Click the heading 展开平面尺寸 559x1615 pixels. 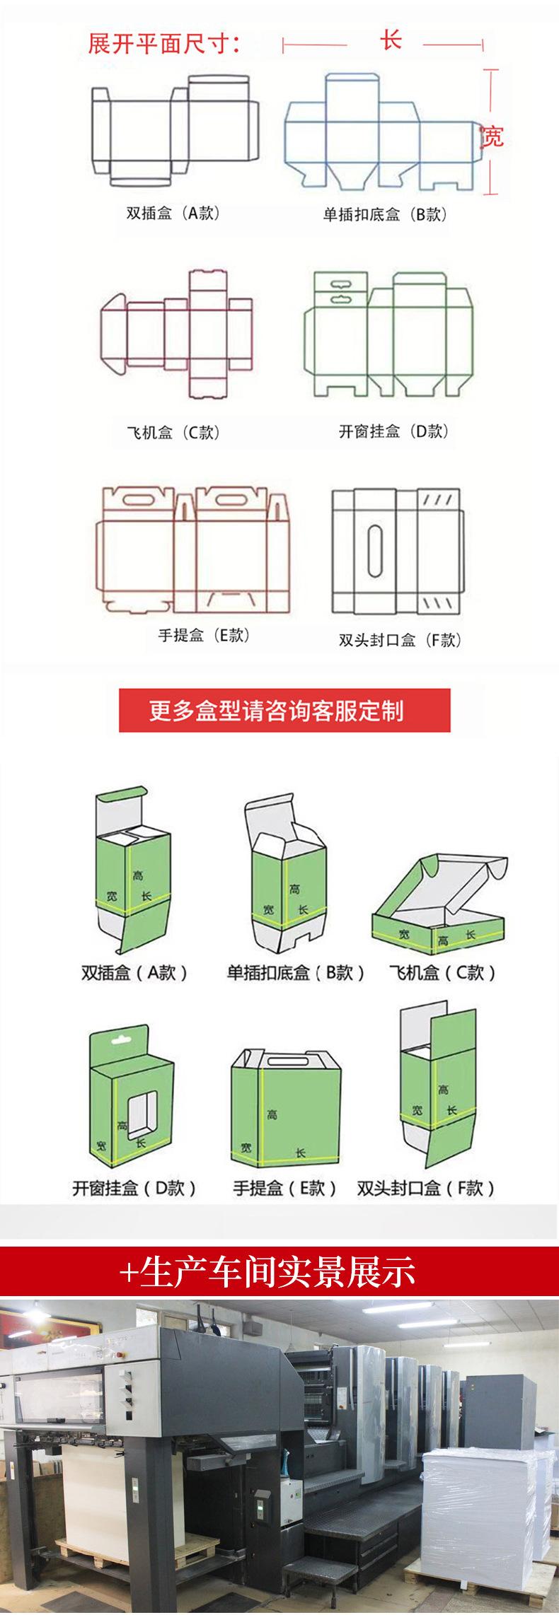click(x=164, y=44)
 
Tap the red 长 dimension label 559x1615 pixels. click(x=391, y=40)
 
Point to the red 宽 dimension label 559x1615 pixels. click(x=491, y=136)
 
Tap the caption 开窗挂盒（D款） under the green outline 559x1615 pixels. click(x=393, y=431)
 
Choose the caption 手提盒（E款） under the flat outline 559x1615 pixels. click(x=204, y=635)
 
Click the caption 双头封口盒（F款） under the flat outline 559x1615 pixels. click(x=400, y=641)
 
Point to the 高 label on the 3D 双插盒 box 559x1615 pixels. click(x=138, y=875)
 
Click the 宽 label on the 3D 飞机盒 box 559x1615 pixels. click(x=403, y=935)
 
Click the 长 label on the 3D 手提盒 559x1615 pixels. click(x=301, y=1153)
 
